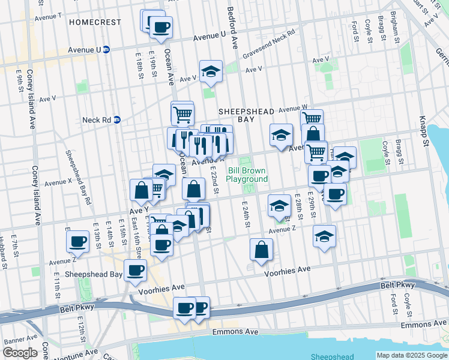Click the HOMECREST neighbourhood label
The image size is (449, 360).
(95, 22)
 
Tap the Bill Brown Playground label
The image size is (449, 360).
(247, 175)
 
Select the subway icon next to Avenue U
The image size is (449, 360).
(106, 49)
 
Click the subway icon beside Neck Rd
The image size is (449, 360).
(118, 119)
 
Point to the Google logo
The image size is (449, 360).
(20, 353)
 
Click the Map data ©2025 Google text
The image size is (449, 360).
(412, 355)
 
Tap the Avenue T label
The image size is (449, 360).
(48, 16)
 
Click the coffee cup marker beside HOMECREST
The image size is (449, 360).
(161, 27)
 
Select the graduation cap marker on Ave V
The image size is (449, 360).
(211, 71)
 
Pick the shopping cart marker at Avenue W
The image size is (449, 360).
(312, 119)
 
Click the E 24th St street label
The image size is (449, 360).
(246, 214)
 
